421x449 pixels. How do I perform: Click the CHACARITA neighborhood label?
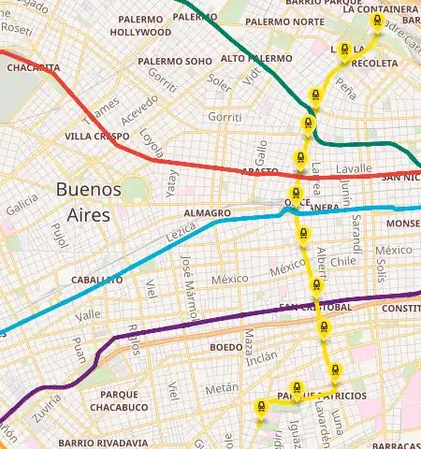(x=27, y=67)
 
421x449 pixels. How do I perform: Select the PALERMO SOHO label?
(x=175, y=62)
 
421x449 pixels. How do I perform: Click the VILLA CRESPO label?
(x=97, y=136)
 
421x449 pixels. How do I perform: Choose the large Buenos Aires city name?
(x=89, y=201)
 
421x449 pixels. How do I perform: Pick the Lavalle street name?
(x=354, y=168)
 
